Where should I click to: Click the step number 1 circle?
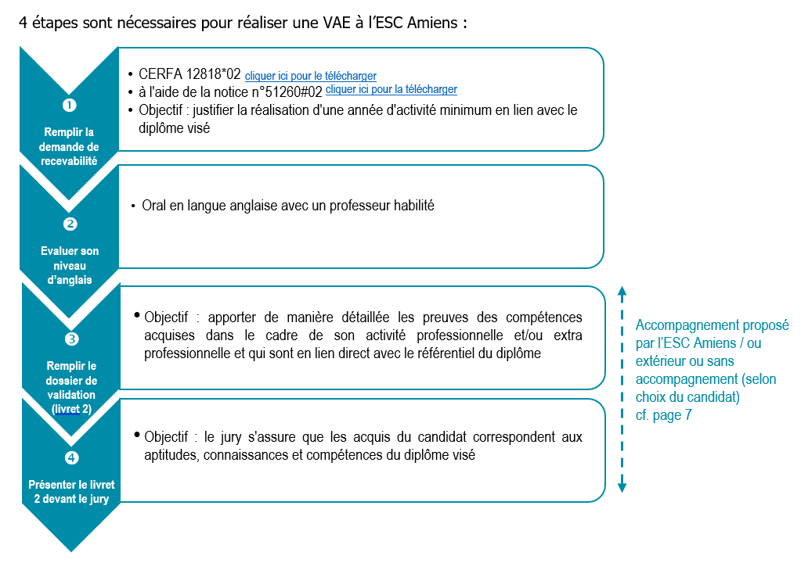(x=70, y=105)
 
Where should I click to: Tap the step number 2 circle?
(x=70, y=224)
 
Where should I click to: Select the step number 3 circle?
(x=71, y=339)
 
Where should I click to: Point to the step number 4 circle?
(x=71, y=457)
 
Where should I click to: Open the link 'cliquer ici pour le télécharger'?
(x=311, y=76)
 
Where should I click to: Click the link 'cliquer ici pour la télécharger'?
(x=391, y=90)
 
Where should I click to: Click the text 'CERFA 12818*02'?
(x=189, y=75)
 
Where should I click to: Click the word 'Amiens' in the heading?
(x=438, y=22)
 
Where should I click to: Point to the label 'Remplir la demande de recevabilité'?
(x=70, y=146)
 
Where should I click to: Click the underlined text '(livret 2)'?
(x=70, y=408)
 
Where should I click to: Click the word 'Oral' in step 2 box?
(x=155, y=206)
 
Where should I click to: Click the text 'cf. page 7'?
(x=663, y=416)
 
